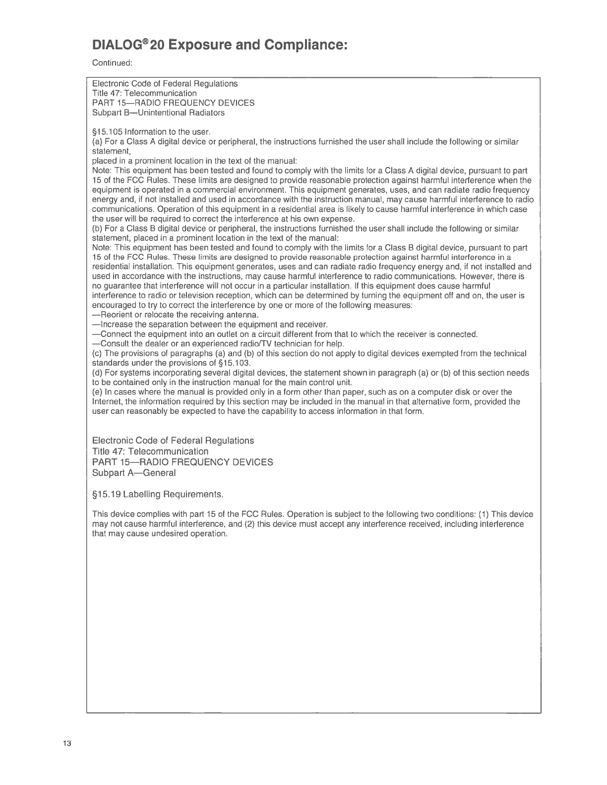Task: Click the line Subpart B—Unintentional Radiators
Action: click(158, 112)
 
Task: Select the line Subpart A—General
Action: click(134, 473)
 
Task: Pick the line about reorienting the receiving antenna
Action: click(176, 315)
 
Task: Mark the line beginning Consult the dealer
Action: click(218, 343)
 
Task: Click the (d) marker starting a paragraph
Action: click(98, 373)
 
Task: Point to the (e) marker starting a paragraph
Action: click(98, 392)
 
